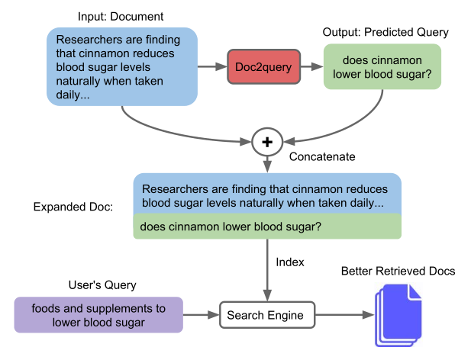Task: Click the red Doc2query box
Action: coord(261,67)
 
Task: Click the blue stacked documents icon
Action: coord(397,314)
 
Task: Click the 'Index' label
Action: coord(289,262)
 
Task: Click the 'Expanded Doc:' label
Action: coord(73,207)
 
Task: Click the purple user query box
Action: coord(98,315)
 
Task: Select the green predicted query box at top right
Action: coord(382,67)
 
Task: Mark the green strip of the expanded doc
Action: coord(266,227)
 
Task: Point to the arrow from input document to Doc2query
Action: coord(213,67)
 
